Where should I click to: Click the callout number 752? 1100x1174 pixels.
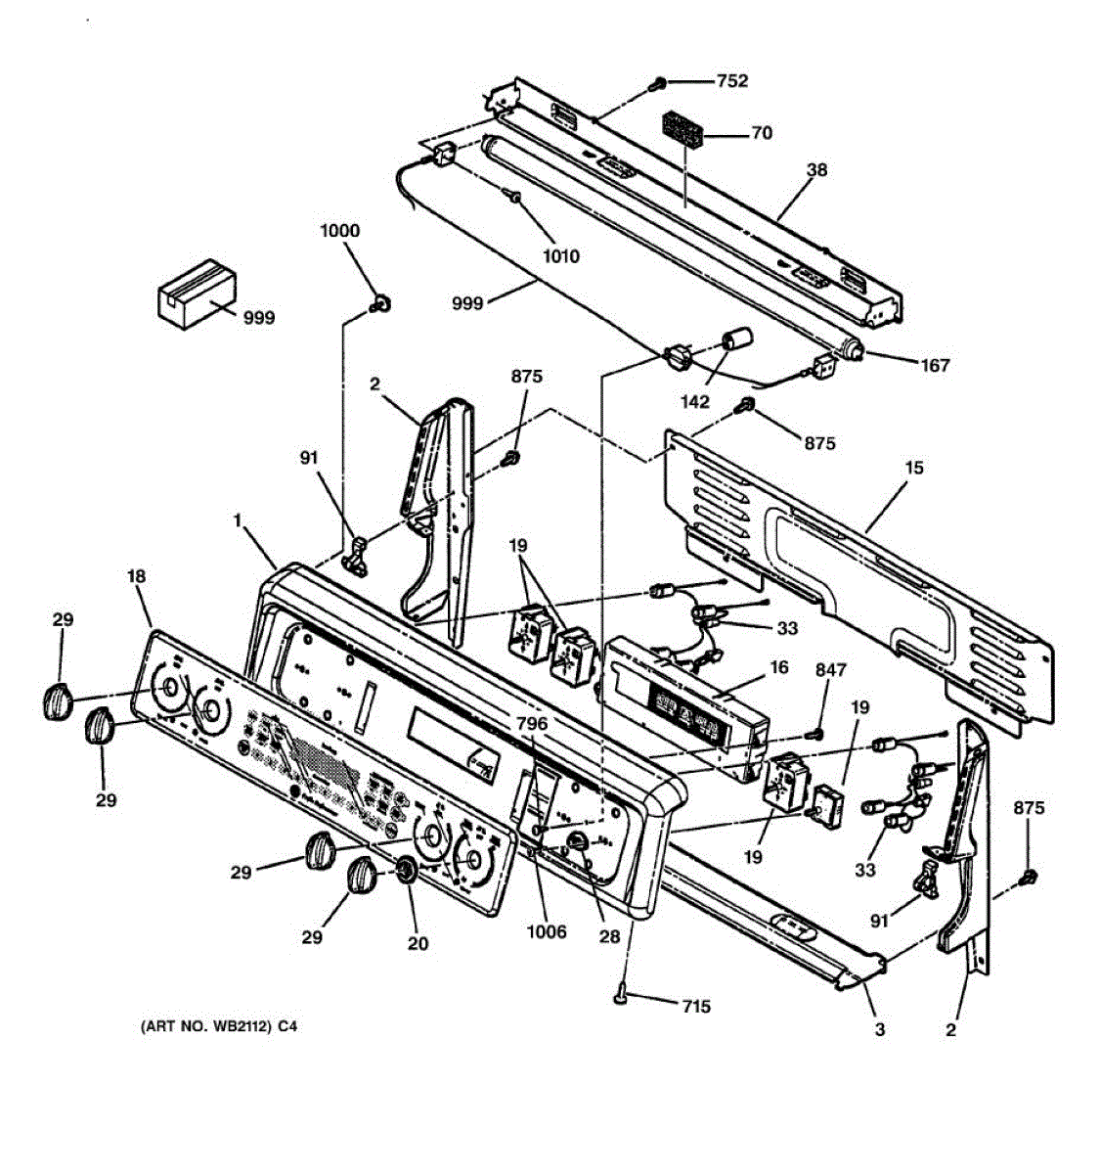coord(732,81)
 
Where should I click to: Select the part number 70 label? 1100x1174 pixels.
coord(762,133)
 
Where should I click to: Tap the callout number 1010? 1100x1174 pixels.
coord(560,256)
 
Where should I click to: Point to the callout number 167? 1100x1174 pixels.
coord(935,366)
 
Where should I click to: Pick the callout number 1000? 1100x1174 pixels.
coord(339,231)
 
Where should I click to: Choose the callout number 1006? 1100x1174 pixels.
coord(546,931)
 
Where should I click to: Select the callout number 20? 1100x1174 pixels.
coord(418,944)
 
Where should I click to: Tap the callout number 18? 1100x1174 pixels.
coord(136,577)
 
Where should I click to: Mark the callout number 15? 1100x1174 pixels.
coord(914,469)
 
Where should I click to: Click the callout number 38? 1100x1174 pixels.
coord(816,169)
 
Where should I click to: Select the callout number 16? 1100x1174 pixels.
coord(778,667)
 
